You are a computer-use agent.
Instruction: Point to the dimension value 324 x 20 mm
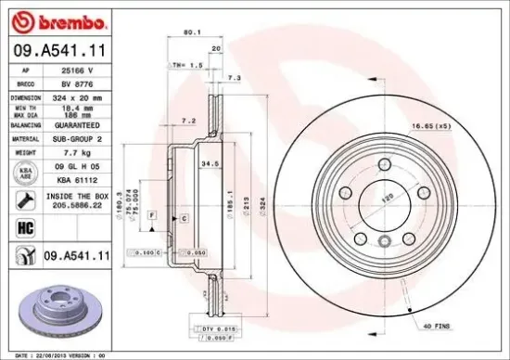[78, 96]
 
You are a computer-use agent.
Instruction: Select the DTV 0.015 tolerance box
[212, 328]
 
